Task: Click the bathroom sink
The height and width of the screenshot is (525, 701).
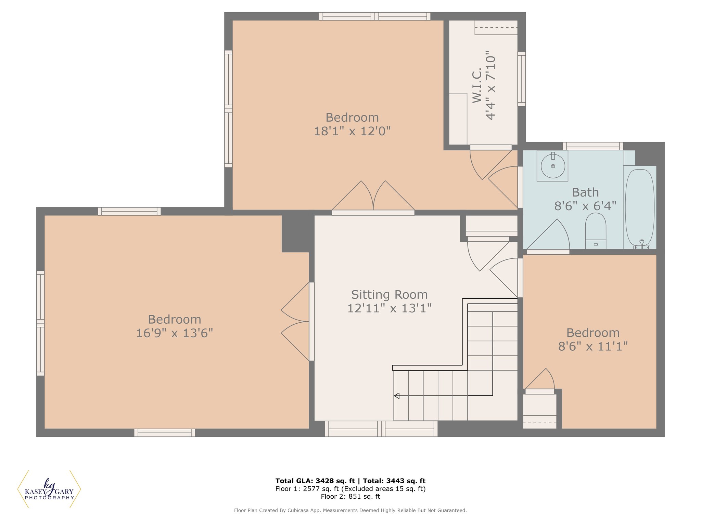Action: [552, 166]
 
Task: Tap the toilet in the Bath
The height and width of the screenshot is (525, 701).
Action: [596, 231]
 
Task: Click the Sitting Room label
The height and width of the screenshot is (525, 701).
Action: [390, 295]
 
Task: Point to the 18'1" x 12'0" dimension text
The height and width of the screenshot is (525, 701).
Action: [352, 131]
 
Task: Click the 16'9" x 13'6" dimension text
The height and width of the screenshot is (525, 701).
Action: [175, 333]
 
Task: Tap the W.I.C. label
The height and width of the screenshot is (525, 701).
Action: [477, 85]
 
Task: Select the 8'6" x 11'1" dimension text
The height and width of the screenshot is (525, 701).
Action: [593, 347]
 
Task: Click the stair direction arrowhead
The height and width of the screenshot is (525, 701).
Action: [396, 396]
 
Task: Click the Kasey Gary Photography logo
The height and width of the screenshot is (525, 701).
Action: [49, 489]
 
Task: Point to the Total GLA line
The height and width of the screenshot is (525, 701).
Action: [350, 481]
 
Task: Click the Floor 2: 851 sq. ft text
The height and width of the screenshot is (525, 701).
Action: [350, 497]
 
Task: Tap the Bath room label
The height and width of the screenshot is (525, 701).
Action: [585, 192]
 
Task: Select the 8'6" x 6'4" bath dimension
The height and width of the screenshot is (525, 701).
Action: [585, 206]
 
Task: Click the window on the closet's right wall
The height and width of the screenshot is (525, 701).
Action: [522, 79]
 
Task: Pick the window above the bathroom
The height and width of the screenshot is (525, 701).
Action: [593, 146]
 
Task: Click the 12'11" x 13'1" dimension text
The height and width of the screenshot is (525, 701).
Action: [390, 308]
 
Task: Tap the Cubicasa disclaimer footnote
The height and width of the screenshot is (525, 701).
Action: [350, 510]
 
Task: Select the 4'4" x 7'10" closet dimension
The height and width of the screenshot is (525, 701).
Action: [491, 85]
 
